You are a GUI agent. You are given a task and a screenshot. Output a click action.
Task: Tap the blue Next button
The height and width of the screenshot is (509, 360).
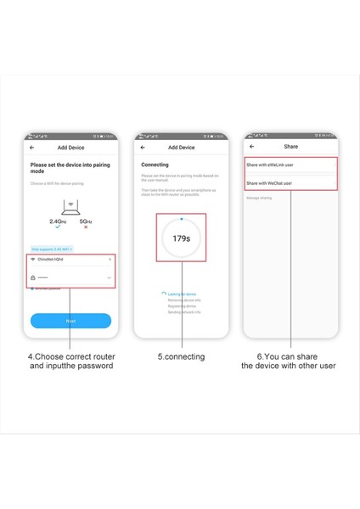(70, 321)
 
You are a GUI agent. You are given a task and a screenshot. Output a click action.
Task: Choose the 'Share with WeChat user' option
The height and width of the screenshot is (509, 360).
(269, 182)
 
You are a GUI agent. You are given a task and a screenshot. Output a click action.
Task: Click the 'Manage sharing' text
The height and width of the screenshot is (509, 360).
(259, 198)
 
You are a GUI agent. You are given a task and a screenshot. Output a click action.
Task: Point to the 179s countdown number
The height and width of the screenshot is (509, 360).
(181, 238)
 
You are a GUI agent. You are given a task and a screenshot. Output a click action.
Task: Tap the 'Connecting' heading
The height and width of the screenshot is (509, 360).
(155, 165)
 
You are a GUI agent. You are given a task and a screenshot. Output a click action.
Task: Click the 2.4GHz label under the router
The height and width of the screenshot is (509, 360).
(59, 221)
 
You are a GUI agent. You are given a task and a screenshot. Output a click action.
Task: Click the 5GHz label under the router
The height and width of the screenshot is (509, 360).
(85, 221)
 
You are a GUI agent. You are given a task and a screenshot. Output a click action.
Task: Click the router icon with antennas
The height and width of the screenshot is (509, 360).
(71, 204)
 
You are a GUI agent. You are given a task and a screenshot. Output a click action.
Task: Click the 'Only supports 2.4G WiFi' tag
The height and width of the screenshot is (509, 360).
(51, 249)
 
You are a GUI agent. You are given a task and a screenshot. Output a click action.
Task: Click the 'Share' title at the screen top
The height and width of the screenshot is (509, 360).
(290, 147)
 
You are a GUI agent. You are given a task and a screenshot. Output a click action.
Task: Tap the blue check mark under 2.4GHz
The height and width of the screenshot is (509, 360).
(57, 227)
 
